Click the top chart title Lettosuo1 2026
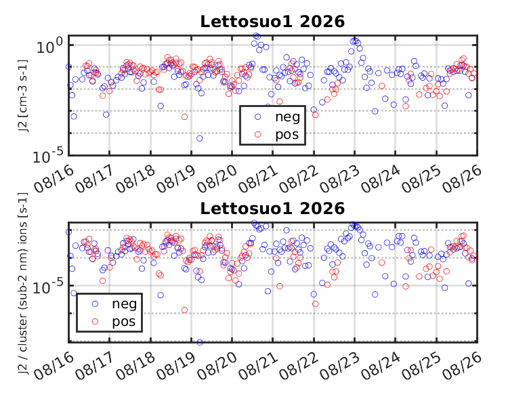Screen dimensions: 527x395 click(x=272, y=22)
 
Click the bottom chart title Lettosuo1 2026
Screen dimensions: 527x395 click(x=272, y=209)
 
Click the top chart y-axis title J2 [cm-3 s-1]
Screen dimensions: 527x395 click(x=22, y=96)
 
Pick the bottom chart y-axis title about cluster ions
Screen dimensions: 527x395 click(x=22, y=283)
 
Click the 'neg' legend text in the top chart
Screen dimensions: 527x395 click(x=287, y=117)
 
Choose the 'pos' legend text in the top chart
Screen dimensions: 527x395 click(x=287, y=135)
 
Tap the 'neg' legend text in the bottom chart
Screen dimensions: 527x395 click(x=125, y=304)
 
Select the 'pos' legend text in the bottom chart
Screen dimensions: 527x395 click(x=124, y=322)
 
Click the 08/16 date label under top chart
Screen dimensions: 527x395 click(x=54, y=179)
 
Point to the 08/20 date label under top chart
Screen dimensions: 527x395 click(x=217, y=179)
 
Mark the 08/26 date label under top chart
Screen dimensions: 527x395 click(x=462, y=179)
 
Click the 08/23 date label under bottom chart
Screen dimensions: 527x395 click(x=339, y=367)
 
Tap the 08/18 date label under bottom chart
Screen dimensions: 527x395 click(x=135, y=367)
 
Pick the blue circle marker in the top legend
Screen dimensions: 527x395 click(x=258, y=117)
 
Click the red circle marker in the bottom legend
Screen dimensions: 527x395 click(x=95, y=322)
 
